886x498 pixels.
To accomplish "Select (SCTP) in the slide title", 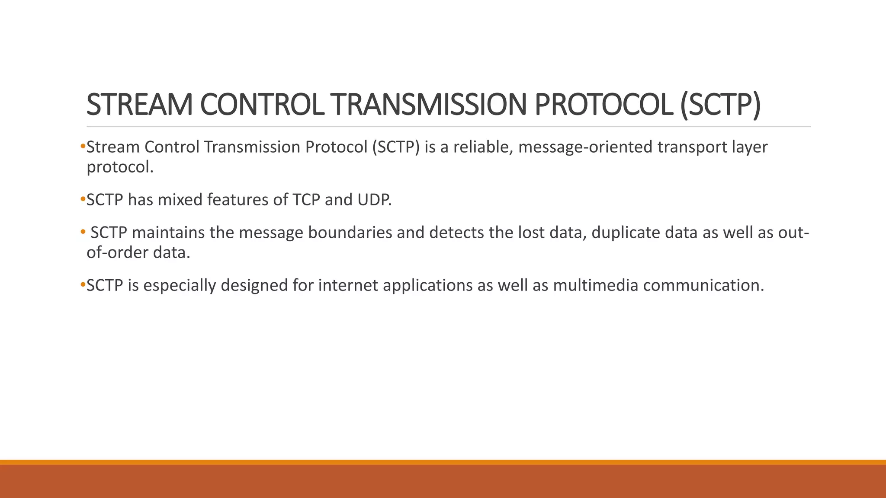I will (x=720, y=105).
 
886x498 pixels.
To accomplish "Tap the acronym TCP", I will (x=306, y=200).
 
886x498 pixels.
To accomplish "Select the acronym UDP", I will (x=374, y=200).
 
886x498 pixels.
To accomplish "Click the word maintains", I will (x=168, y=233).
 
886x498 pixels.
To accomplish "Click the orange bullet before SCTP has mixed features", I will (x=83, y=199).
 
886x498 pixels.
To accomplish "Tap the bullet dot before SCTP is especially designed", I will (x=83, y=285).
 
